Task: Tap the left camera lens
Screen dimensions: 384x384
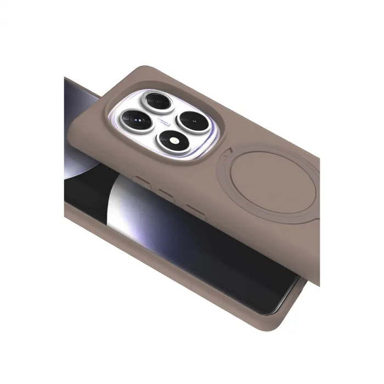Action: coord(134,117)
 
